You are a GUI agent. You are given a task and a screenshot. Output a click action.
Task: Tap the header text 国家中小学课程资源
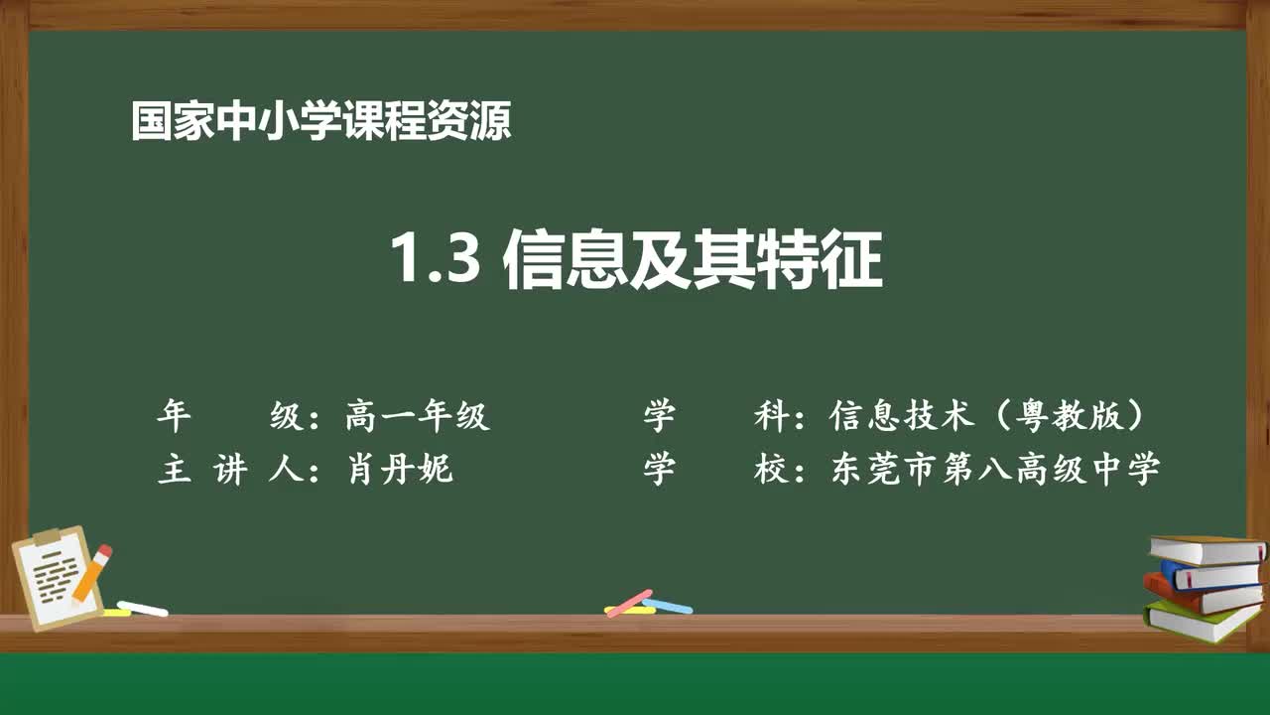[x=320, y=123]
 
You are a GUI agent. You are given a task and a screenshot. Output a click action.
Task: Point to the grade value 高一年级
[x=417, y=416]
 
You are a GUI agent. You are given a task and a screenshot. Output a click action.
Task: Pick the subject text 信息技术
[x=902, y=416]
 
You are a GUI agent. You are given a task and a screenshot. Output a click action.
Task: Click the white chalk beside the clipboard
[x=143, y=608]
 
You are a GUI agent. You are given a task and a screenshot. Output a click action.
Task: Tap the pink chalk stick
[x=629, y=602]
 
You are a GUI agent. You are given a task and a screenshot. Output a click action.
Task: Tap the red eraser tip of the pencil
[x=104, y=551]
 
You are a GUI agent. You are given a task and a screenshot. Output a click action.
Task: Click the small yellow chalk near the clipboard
[x=116, y=613]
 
